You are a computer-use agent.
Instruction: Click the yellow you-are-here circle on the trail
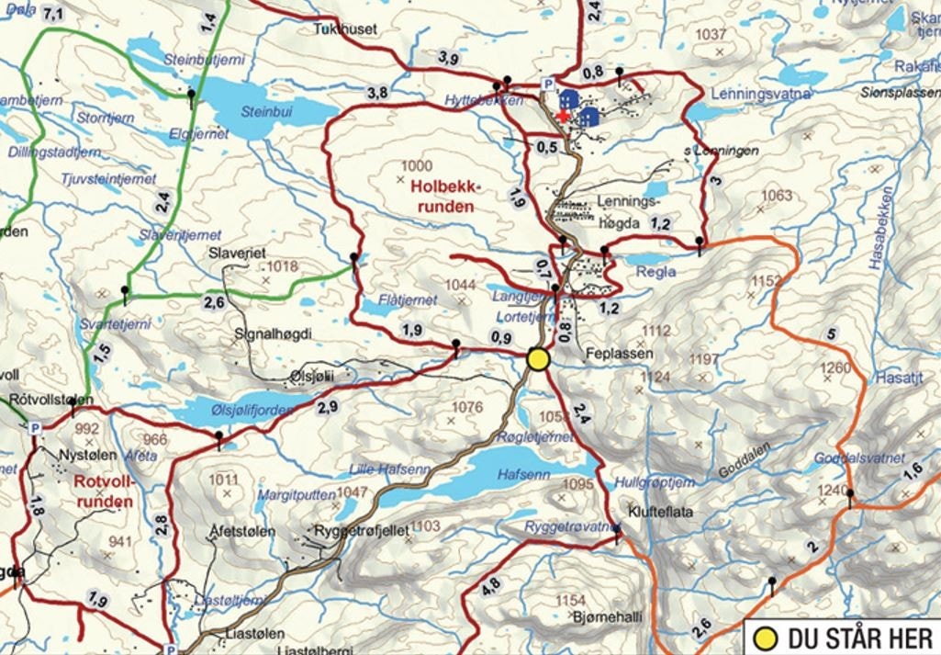538,359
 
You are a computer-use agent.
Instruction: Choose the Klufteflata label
660,513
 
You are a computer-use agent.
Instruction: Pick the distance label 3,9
448,59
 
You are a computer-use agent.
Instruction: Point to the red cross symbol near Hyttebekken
562,114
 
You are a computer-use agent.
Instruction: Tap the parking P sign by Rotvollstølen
35,428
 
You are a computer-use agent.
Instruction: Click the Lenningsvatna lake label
753,94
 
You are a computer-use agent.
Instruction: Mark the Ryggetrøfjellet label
361,530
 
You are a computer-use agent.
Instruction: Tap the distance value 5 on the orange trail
832,333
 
